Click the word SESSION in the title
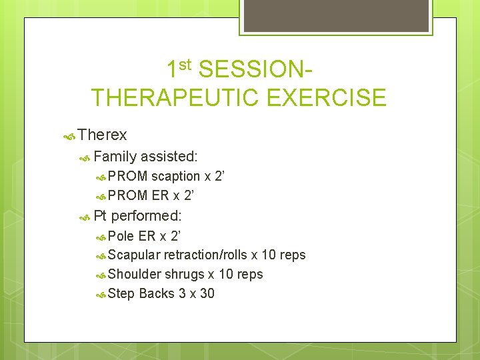coord(257,69)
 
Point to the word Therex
coord(102,135)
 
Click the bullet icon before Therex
coord(68,136)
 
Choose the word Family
coord(115,156)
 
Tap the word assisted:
coord(169,156)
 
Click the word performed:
coord(147,215)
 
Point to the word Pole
coord(121,235)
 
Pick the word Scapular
coord(134,255)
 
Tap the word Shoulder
coord(135,274)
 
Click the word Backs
coord(157,293)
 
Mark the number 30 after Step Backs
coord(207,293)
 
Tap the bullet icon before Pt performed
coord(85,217)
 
